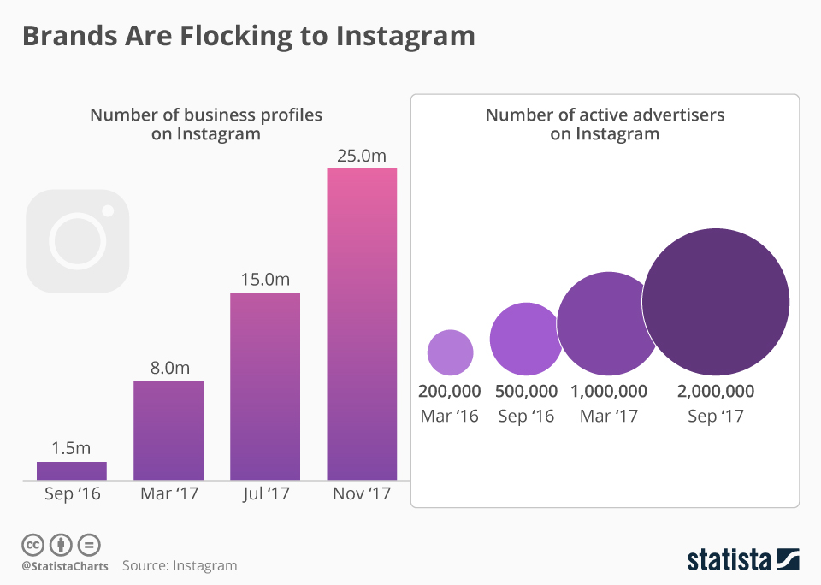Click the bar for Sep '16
coord(72,470)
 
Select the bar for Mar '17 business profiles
coord(168,429)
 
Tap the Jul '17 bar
coord(265,386)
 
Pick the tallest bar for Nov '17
coord(362,323)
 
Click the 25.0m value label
coord(362,156)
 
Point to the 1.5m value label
coord(72,448)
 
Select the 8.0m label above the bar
coord(168,368)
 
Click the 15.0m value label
coord(265,281)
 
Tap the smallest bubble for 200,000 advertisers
coord(450,352)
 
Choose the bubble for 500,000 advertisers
coord(526,339)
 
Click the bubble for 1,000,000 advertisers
coord(608,323)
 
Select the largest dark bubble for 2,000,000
coord(715,302)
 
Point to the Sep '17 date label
coord(716,417)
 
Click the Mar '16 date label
coord(450,417)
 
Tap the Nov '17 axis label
coord(362,494)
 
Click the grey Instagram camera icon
coord(78,241)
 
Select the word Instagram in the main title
coord(405,36)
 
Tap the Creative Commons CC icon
coord(32,545)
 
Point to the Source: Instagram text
coord(180,565)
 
